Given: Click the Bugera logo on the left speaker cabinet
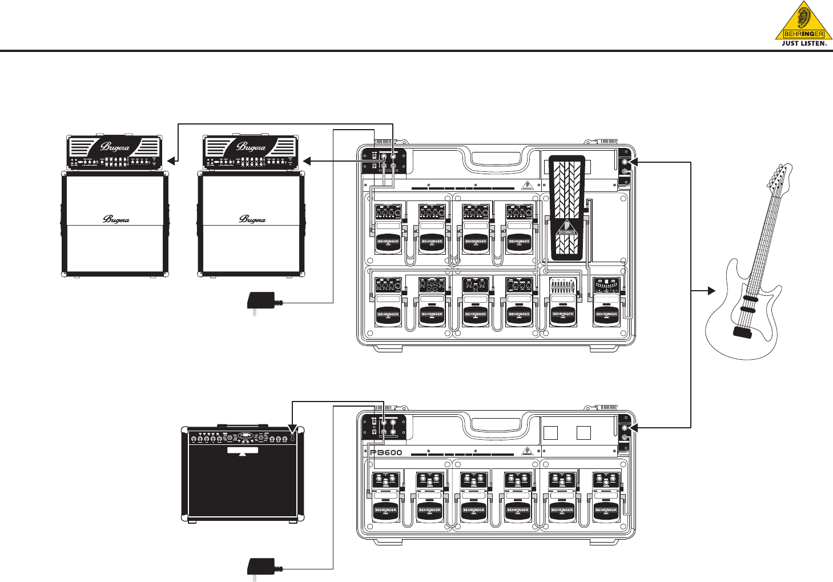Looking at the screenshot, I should (x=115, y=219).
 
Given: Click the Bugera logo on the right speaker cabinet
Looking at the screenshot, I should (x=252, y=219).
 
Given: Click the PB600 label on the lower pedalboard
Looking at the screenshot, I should (x=385, y=453).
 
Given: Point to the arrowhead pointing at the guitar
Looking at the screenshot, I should (x=711, y=291).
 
